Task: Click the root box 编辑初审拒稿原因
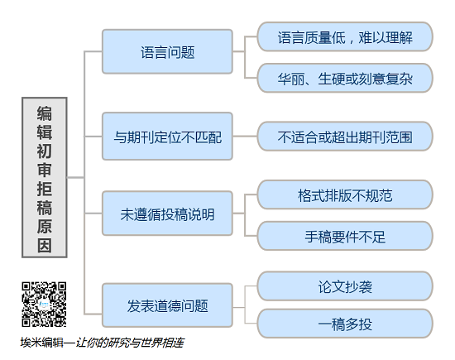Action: pos(45,177)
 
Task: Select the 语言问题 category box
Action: pos(167,51)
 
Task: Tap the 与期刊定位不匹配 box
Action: pos(167,137)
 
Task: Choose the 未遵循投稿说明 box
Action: pos(167,213)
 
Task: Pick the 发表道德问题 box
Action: pos(167,305)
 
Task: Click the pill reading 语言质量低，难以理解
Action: pos(345,36)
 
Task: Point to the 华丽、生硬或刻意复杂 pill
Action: pos(345,78)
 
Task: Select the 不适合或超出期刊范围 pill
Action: pos(345,137)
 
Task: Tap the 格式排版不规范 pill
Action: pos(345,194)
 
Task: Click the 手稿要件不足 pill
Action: pos(345,236)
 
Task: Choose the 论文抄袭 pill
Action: pos(345,286)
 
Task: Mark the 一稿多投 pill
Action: pos(345,324)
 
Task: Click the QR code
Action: pos(44,305)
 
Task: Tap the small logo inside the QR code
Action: pos(44,305)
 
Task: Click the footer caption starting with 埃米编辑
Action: pos(102,343)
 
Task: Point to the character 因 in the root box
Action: pos(45,246)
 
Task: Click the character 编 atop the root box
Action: pos(45,113)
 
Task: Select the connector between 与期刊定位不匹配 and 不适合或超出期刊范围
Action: pos(245,137)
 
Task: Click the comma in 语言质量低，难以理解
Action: pos(352,41)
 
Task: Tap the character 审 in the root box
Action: pos(45,170)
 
